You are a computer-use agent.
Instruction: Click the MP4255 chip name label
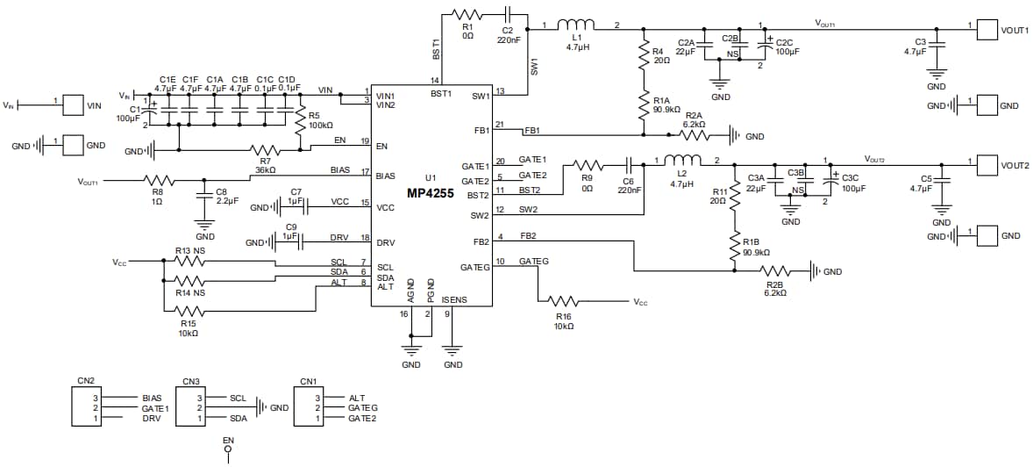tap(429, 192)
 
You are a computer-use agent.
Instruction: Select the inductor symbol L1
tap(575, 25)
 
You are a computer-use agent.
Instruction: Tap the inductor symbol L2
tap(682, 161)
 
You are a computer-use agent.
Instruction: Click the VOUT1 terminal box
tap(987, 29)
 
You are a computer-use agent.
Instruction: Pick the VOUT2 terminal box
tap(987, 164)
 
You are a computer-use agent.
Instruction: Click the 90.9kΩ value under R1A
tap(667, 110)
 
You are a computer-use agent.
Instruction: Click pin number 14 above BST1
tap(433, 81)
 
